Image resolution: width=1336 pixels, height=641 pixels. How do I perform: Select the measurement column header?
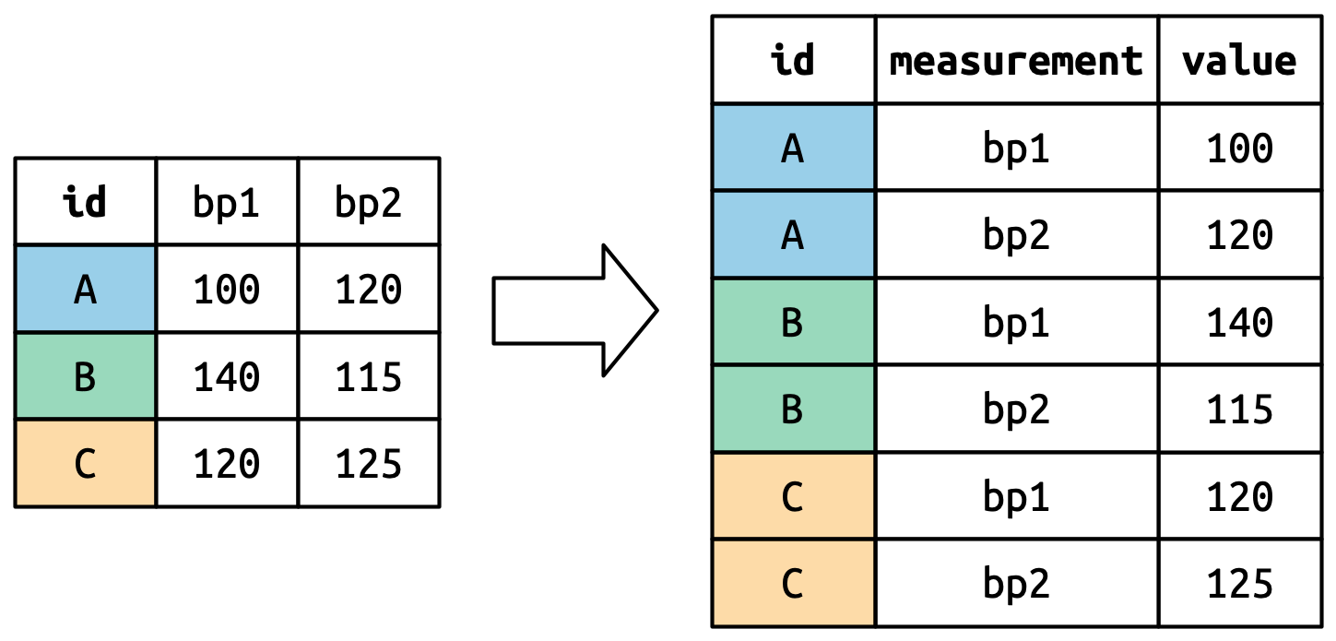tap(1016, 61)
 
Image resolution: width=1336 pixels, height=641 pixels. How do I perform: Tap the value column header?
tap(1239, 61)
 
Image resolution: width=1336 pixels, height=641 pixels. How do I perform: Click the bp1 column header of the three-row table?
tap(227, 202)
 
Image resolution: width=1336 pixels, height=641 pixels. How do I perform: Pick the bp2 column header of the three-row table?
tap(369, 202)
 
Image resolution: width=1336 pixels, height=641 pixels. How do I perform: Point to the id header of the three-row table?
tap(85, 202)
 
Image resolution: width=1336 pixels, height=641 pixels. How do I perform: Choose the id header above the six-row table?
tap(793, 61)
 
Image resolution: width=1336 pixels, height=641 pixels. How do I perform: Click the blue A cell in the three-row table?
tap(85, 290)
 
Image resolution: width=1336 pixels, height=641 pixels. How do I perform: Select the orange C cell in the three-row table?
tap(85, 464)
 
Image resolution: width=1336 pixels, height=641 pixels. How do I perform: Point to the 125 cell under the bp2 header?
tap(369, 464)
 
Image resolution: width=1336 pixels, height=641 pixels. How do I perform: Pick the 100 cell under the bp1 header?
tap(227, 290)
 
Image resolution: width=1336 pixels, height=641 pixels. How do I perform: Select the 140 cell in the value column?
tap(1239, 322)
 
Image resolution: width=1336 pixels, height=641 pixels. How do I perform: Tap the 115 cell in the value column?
tap(1239, 409)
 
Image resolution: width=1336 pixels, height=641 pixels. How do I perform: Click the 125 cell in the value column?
tap(1239, 583)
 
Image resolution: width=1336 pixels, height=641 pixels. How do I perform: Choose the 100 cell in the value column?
tap(1239, 148)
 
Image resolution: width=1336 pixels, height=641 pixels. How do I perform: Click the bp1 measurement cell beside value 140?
tap(1016, 322)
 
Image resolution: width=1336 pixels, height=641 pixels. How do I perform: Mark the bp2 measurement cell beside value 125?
tap(1016, 583)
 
